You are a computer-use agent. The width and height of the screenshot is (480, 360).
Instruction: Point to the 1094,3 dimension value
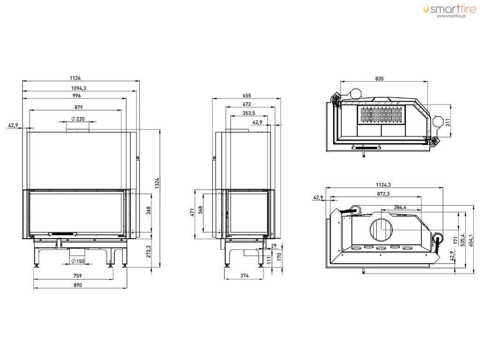tap(78, 88)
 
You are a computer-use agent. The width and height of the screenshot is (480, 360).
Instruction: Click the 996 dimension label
tap(76, 96)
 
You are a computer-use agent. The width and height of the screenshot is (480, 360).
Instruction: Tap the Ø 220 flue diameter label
tap(78, 119)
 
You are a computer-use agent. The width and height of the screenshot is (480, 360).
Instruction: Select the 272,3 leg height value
tap(149, 252)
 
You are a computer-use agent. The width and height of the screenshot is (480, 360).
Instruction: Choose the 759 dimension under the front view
tap(78, 276)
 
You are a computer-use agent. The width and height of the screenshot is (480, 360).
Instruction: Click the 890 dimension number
tap(78, 285)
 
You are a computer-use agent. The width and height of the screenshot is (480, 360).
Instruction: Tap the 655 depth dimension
tap(247, 96)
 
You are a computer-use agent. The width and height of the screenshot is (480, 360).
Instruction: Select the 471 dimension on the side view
tap(193, 212)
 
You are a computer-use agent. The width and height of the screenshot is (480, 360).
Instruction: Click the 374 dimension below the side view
tap(244, 276)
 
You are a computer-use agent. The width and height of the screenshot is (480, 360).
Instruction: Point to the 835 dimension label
tap(379, 79)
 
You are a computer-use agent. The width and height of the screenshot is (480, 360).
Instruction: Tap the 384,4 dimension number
tap(400, 207)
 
